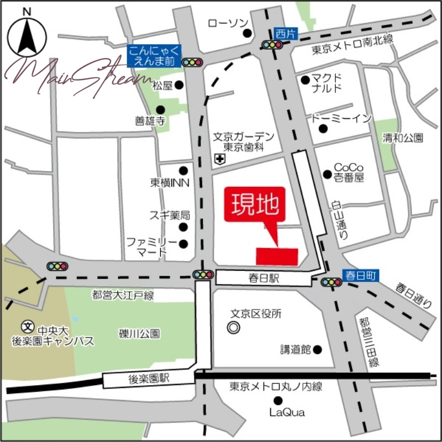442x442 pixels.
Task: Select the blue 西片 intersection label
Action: pyautogui.click(x=285, y=33)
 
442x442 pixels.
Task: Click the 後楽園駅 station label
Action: pyautogui.click(x=149, y=378)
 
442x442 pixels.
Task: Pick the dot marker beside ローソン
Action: pyautogui.click(x=248, y=33)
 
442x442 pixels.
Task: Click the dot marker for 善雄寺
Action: pyautogui.click(x=160, y=109)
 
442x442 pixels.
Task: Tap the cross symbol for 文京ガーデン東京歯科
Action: pyautogui.click(x=220, y=160)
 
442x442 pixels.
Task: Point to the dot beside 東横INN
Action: pyautogui.click(x=183, y=171)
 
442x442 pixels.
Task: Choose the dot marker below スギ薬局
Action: pyautogui.click(x=183, y=227)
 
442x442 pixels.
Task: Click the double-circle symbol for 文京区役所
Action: pyautogui.click(x=234, y=328)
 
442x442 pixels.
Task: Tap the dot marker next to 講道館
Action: pyautogui.click(x=317, y=349)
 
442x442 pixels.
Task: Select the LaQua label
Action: pyautogui.click(x=287, y=412)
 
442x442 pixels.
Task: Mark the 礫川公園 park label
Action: pyautogui.click(x=139, y=333)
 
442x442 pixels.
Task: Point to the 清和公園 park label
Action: pyautogui.click(x=403, y=138)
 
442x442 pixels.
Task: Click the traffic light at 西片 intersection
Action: pyautogui.click(x=272, y=45)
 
